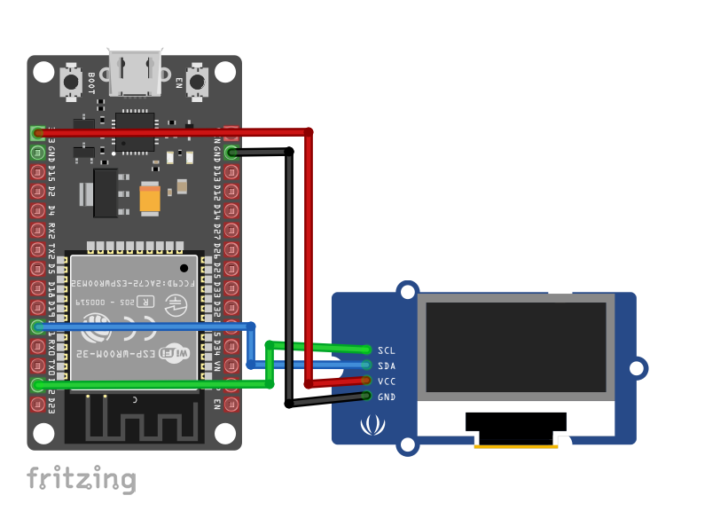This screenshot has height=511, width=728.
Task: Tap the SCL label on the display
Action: pyautogui.click(x=386, y=350)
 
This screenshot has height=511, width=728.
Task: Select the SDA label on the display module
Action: pyautogui.click(x=386, y=366)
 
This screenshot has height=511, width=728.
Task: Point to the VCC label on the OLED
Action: pyautogui.click(x=386, y=381)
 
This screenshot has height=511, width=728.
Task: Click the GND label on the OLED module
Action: pyautogui.click(x=386, y=397)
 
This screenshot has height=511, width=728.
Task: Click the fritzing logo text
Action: pyautogui.click(x=81, y=480)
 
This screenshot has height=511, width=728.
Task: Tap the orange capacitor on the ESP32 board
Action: pyautogui.click(x=149, y=199)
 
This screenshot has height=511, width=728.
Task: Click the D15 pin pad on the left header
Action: pyautogui.click(x=37, y=172)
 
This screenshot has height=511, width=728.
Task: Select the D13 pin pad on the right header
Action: pyautogui.click(x=231, y=172)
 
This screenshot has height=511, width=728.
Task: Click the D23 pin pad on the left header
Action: pyautogui.click(x=37, y=404)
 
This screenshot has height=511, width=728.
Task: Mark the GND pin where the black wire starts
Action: pyautogui.click(x=231, y=153)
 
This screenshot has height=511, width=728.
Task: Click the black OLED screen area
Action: pyautogui.click(x=516, y=347)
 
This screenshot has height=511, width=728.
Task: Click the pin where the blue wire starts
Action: pyautogui.click(x=37, y=326)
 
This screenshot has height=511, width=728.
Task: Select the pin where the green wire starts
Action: pyautogui.click(x=37, y=384)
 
